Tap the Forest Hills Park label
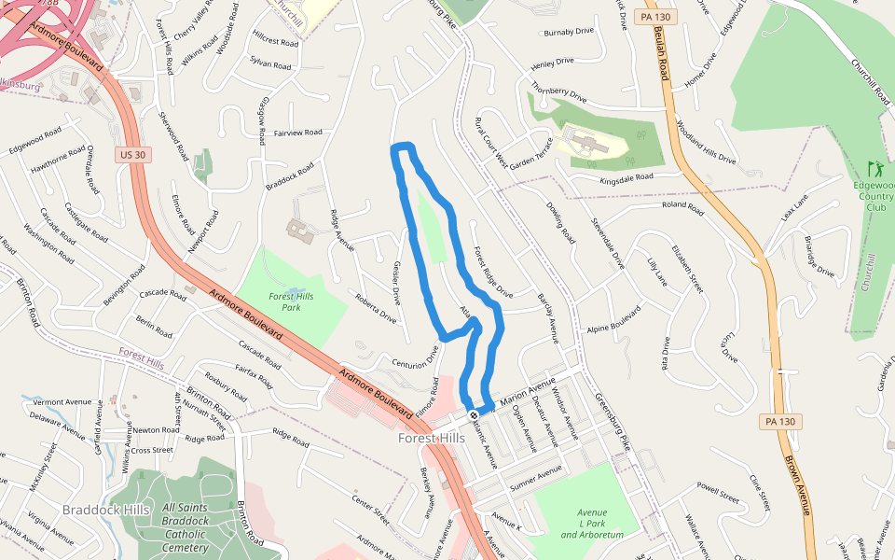(x=291, y=301)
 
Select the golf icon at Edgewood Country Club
(x=874, y=170)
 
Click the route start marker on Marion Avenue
(x=474, y=414)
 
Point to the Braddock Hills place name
(x=106, y=510)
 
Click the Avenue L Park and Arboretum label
(x=592, y=524)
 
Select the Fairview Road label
(x=297, y=133)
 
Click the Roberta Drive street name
(x=374, y=308)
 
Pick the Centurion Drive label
(x=415, y=359)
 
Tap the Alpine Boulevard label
(x=613, y=320)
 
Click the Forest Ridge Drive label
(x=492, y=272)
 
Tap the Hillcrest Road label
(x=275, y=41)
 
